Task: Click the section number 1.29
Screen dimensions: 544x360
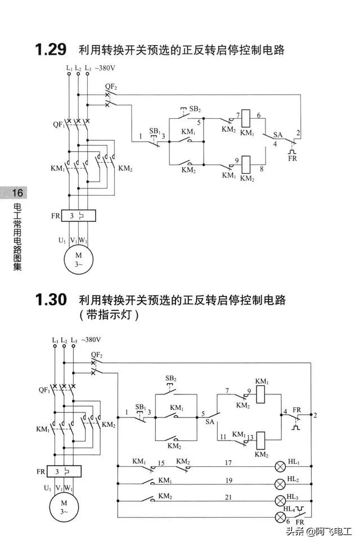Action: pyautogui.click(x=51, y=50)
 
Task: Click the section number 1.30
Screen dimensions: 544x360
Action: pyautogui.click(x=51, y=299)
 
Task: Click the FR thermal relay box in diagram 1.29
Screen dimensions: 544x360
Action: pyautogui.click(x=78, y=215)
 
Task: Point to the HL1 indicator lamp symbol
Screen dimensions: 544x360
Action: pyautogui.click(x=280, y=466)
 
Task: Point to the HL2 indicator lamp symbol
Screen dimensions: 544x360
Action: pyautogui.click(x=280, y=483)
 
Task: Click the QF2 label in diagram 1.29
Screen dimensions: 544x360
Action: pyautogui.click(x=111, y=87)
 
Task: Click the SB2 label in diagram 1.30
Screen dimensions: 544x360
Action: pyautogui.click(x=171, y=378)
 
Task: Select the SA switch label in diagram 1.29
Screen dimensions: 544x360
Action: pyautogui.click(x=277, y=135)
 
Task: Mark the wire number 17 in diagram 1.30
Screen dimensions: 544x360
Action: pyautogui.click(x=228, y=462)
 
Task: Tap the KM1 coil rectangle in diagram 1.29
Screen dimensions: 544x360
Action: pyautogui.click(x=246, y=116)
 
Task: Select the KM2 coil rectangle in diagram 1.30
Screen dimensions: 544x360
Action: pyautogui.click(x=261, y=437)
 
